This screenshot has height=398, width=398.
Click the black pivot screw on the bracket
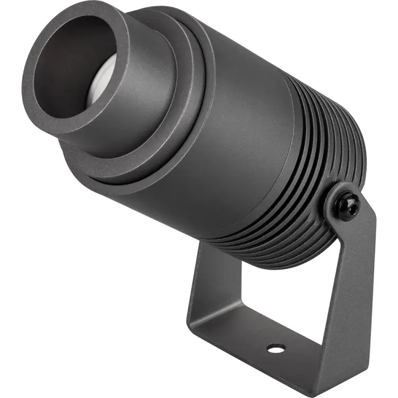pyautogui.click(x=348, y=203)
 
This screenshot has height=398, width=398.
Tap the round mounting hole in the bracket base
pyautogui.click(x=275, y=348)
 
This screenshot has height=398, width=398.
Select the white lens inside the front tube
pyautogui.click(x=101, y=85)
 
